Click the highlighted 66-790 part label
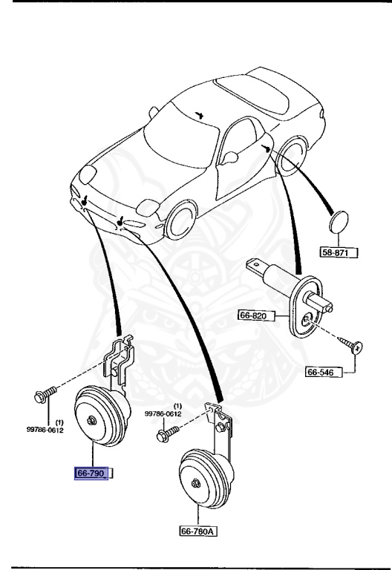tap(91, 474)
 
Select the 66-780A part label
tap(198, 531)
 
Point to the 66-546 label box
tap(324, 372)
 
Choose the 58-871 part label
tap(339, 252)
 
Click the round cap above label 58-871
tap(339, 222)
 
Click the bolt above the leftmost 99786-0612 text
tap(45, 394)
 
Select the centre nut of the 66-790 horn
tap(91, 420)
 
